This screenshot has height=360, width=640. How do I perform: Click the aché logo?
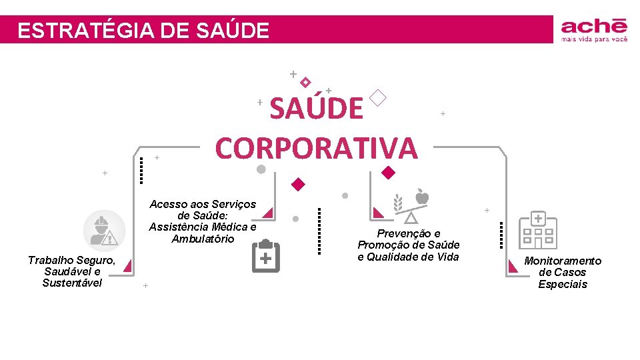pyautogui.click(x=594, y=27)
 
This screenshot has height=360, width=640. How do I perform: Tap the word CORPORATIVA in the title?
pyautogui.click(x=316, y=147)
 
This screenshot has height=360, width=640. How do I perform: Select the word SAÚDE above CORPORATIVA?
pyautogui.click(x=317, y=108)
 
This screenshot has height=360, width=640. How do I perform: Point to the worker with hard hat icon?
pyautogui.click(x=103, y=229)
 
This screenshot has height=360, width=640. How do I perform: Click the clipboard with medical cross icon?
pyautogui.click(x=265, y=257)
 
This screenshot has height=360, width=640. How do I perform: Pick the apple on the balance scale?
pyautogui.click(x=422, y=197)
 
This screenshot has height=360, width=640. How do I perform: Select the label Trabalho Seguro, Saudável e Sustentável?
pyautogui.click(x=72, y=271)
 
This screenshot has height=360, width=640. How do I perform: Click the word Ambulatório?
pyautogui.click(x=203, y=239)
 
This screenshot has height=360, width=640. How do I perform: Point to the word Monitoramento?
pyautogui.click(x=563, y=261)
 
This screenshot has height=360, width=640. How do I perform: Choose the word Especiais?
pyautogui.click(x=563, y=284)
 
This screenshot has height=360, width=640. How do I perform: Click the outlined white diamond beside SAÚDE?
pyautogui.click(x=377, y=98)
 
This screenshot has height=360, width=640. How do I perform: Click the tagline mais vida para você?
pyautogui.click(x=594, y=39)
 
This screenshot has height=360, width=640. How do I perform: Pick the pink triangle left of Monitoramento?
pyautogui.click(x=513, y=265)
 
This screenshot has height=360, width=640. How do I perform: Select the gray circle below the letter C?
pyautogui.click(x=261, y=169)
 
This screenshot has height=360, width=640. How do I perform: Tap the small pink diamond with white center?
pyautogui.click(x=305, y=82)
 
